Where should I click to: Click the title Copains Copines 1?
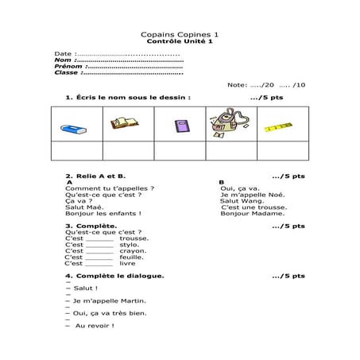tap(179, 35)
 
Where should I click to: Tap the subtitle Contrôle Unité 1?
tap(179, 41)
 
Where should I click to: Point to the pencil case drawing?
tap(228, 124)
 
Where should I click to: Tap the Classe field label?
tap(67, 72)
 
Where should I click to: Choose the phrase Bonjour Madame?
tap(252, 213)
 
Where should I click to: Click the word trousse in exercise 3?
tap(134, 238)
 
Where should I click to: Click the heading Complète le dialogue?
tap(119, 276)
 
